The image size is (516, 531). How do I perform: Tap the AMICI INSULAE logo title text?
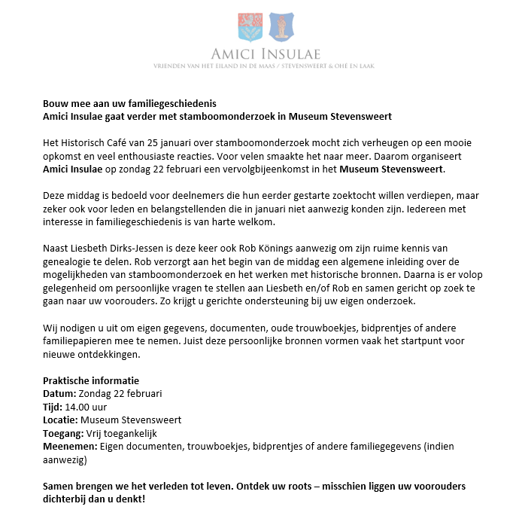pyautogui.click(x=265, y=54)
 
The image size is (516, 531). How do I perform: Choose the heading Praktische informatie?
pyautogui.click(x=90, y=381)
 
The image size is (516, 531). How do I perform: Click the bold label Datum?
pyautogui.click(x=59, y=393)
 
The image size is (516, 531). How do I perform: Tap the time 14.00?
pyautogui.click(x=78, y=407)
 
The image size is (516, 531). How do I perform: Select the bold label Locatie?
pyautogui.click(x=60, y=420)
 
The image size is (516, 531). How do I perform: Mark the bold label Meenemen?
pyautogui.click(x=70, y=446)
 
